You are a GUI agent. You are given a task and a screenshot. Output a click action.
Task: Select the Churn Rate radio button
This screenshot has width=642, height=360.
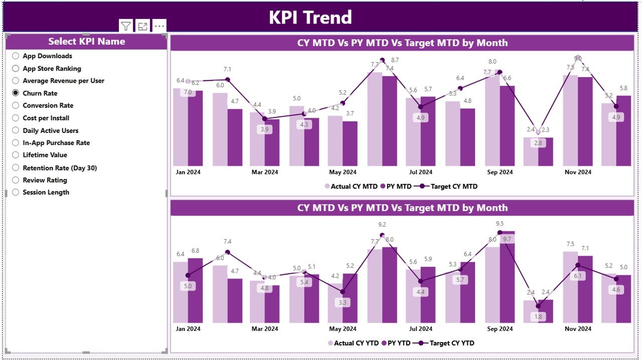[16, 93]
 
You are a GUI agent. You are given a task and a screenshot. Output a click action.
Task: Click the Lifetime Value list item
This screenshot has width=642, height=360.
[45, 155]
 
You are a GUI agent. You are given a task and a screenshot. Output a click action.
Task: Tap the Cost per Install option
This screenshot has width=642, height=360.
[46, 118]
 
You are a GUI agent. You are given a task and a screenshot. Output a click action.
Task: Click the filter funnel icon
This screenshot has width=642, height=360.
[126, 27]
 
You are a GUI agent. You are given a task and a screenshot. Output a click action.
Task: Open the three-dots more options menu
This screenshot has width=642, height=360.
[159, 26]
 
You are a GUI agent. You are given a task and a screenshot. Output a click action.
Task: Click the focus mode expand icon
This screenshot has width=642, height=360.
[142, 27]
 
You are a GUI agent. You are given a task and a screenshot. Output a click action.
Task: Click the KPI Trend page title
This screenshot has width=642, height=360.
[310, 18]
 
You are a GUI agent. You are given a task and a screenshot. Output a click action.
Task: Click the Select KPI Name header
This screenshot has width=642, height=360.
[86, 42]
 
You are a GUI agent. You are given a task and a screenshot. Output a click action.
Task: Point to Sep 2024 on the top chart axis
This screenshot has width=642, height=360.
[499, 172]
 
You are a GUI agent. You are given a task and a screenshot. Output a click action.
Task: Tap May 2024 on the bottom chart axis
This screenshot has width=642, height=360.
[343, 329]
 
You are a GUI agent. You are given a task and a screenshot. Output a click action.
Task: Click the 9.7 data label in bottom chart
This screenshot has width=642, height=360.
[507, 239]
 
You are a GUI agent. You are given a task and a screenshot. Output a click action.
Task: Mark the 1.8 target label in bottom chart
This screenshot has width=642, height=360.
[538, 317]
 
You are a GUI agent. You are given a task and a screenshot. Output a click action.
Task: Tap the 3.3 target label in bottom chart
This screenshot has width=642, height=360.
[343, 303]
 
